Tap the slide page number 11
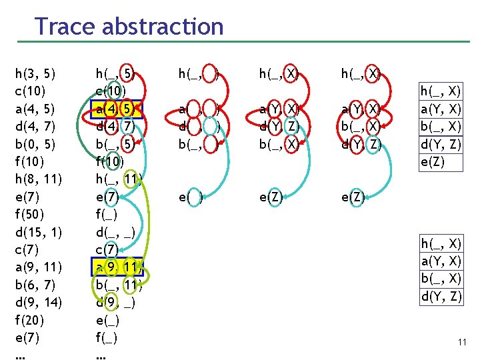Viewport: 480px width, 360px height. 462,342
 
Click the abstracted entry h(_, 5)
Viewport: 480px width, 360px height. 117,73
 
